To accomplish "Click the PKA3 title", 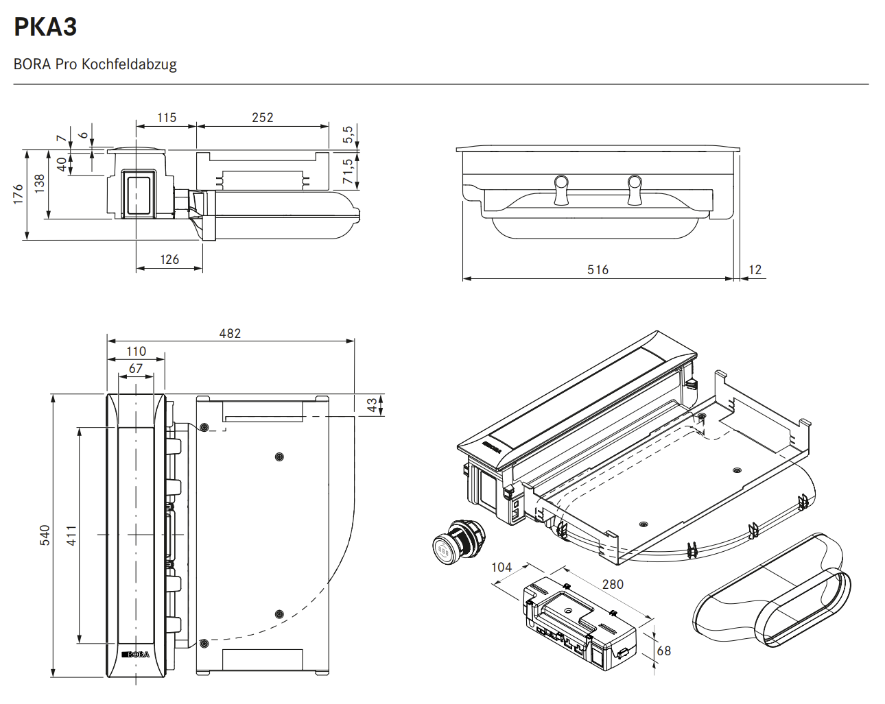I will tap(45, 27).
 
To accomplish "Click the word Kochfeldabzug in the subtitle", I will tap(129, 64).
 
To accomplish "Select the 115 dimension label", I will tap(167, 118).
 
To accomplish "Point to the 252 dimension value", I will tap(262, 118).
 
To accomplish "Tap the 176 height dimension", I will tap(19, 194).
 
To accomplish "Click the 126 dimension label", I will tap(169, 260).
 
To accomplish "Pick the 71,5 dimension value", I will tap(349, 171).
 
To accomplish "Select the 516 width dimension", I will tap(598, 270).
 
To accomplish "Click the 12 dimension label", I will tap(755, 270).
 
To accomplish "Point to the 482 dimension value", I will tap(230, 334).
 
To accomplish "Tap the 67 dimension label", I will tap(136, 369).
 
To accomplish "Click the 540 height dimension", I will tap(45, 535).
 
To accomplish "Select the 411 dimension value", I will tap(71, 535).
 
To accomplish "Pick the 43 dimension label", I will tap(372, 405).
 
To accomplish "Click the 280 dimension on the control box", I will tap(613, 585).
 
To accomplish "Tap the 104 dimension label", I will tap(501, 568).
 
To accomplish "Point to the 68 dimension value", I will tap(663, 651).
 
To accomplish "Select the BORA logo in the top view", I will tap(136, 655).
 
